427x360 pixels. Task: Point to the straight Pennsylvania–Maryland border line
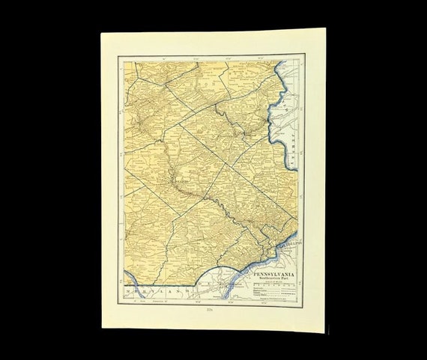click(x=165, y=282)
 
